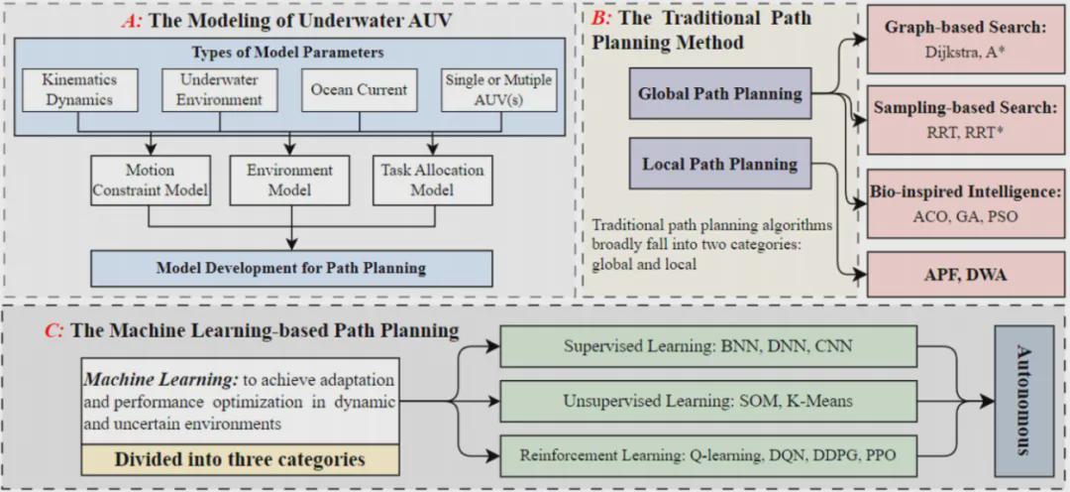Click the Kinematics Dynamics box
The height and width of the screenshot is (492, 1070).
[78, 89]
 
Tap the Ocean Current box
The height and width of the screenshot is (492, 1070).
[359, 89]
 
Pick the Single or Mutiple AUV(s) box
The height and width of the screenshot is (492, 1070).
[496, 89]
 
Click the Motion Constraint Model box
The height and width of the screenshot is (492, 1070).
[152, 180]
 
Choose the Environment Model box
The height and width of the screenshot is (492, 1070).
[289, 180]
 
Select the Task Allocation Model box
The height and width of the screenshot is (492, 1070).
[432, 180]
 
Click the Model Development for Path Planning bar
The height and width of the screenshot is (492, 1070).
[291, 268]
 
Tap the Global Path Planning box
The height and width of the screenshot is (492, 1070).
[720, 94]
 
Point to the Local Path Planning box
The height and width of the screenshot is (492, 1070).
[720, 164]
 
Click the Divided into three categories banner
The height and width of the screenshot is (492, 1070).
[240, 458]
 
